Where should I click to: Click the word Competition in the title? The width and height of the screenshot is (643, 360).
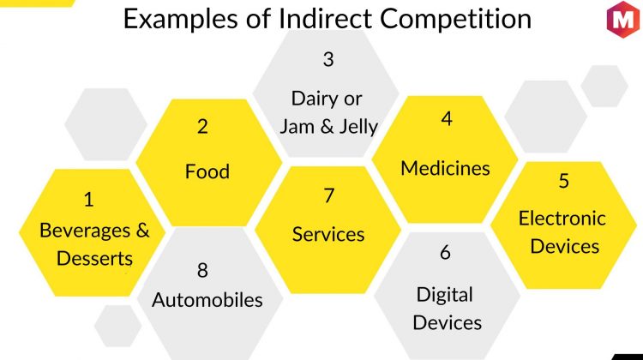(x=455, y=19)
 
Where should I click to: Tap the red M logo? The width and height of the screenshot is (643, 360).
(x=623, y=19)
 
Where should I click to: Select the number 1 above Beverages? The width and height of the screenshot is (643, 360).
(x=88, y=200)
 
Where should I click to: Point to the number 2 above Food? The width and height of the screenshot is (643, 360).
(x=202, y=126)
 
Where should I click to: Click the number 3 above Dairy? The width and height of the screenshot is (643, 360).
(x=328, y=59)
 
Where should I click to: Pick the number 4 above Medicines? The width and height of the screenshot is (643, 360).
(x=447, y=119)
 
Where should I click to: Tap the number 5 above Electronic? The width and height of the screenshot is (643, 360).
(x=564, y=180)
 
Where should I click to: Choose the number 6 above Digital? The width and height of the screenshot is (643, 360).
(x=445, y=252)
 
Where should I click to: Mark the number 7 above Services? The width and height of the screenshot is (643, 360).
(x=329, y=195)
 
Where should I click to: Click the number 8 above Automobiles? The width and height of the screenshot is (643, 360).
(x=202, y=271)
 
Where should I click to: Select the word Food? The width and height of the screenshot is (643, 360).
(x=207, y=171)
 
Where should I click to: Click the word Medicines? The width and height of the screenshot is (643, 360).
(x=445, y=168)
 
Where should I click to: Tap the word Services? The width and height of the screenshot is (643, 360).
(x=328, y=235)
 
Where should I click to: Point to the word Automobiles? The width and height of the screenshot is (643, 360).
(x=207, y=300)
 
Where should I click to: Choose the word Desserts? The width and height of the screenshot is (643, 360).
(x=94, y=259)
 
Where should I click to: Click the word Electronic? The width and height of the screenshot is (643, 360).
(x=562, y=218)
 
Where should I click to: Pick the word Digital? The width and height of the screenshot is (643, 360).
(x=445, y=295)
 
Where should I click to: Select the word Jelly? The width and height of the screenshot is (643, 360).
(x=358, y=126)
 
